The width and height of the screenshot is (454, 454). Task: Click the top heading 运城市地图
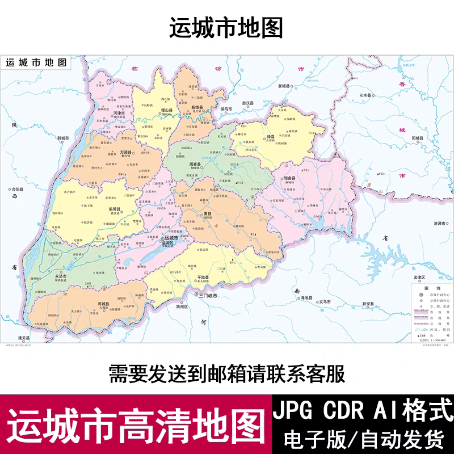(x=226, y=28)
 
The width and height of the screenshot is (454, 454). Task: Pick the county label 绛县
(x=271, y=137)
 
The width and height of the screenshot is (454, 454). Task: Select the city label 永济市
(x=61, y=276)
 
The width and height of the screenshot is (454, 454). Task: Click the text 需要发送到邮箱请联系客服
(x=226, y=373)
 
